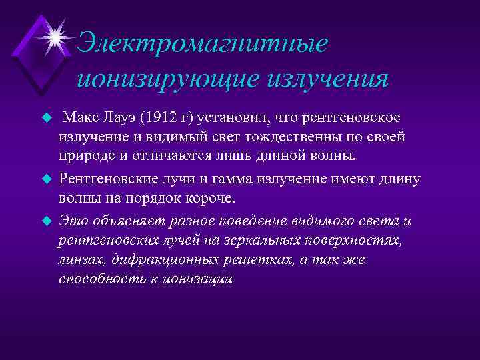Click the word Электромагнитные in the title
[203, 45]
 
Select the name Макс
[82, 118]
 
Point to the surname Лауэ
[121, 118]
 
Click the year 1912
[159, 118]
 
